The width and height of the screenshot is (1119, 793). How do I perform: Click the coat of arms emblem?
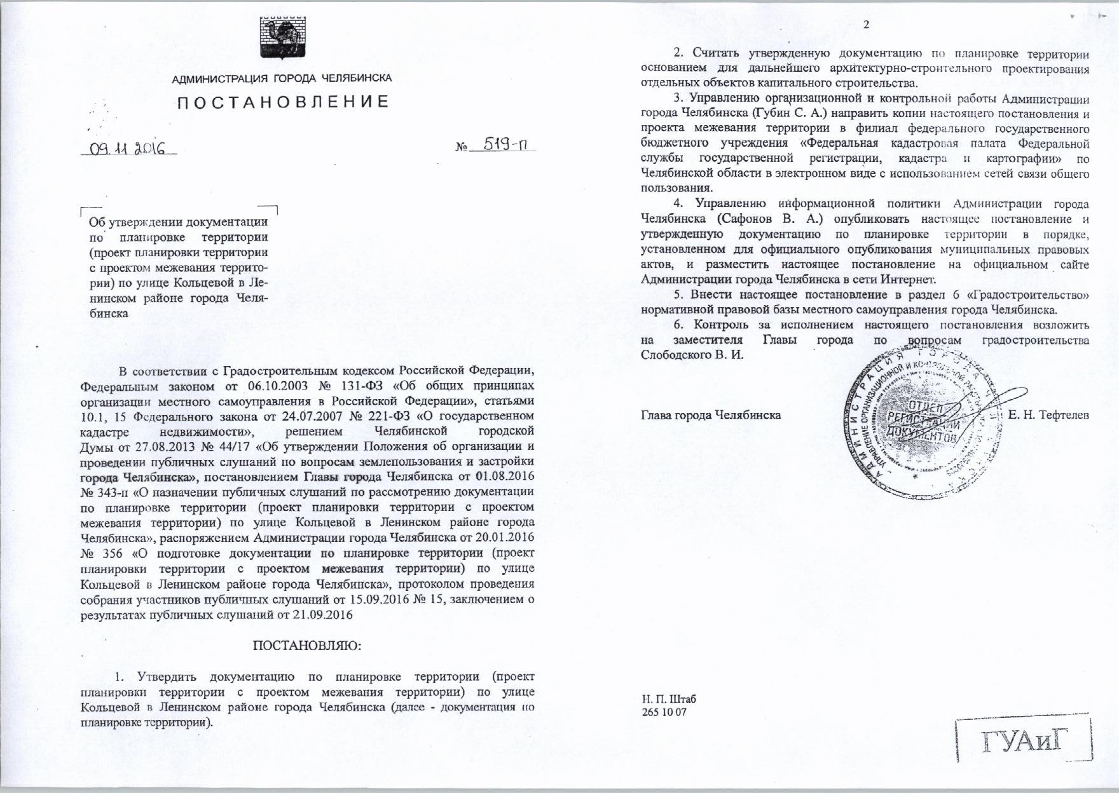click(282, 39)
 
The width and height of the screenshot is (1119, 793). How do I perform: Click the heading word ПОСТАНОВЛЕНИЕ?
click(282, 102)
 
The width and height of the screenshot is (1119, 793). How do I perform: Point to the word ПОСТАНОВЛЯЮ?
click(307, 646)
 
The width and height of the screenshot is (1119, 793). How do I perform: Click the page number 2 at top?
click(866, 25)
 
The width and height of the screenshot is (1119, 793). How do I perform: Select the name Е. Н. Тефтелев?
click(1049, 415)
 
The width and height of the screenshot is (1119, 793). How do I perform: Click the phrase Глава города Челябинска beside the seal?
click(711, 415)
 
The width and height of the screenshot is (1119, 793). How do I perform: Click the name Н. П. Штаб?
click(669, 699)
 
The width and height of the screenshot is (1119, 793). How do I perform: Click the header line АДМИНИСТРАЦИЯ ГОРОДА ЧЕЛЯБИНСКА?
click(282, 79)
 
